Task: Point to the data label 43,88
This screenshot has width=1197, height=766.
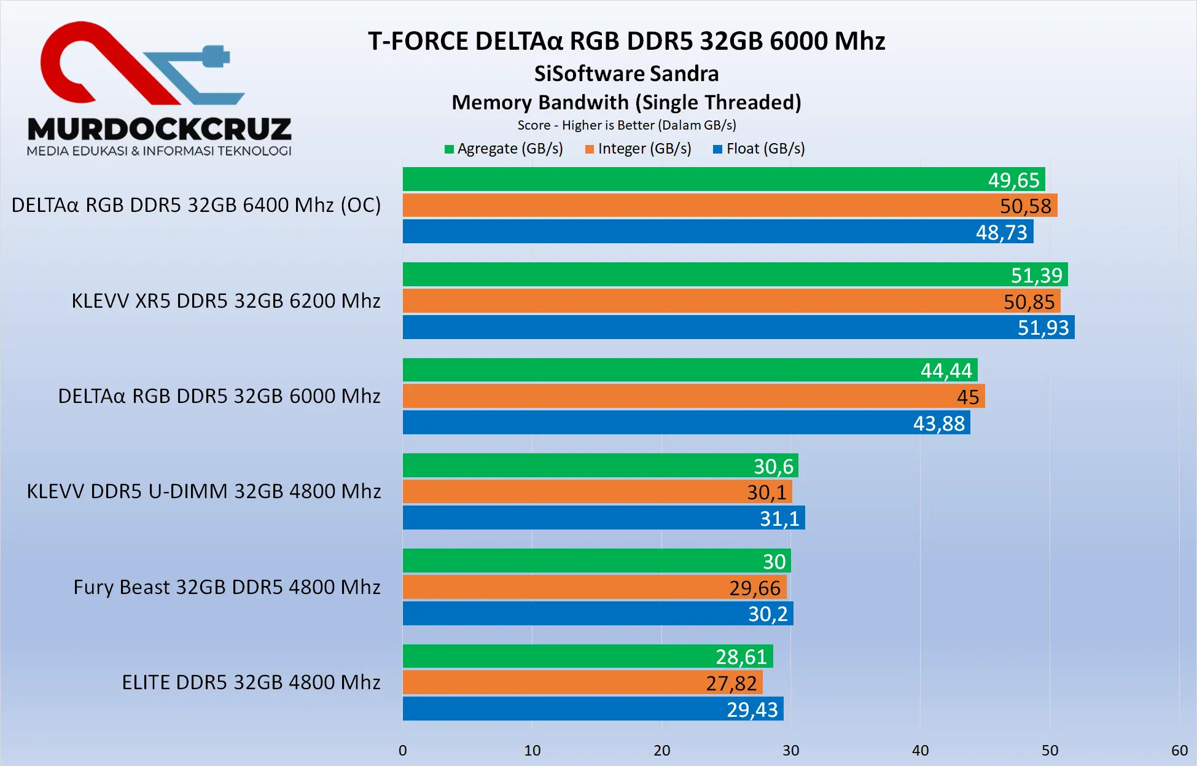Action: (939, 423)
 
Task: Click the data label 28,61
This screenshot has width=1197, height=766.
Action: (741, 657)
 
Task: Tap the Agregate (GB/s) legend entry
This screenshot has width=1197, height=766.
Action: (504, 149)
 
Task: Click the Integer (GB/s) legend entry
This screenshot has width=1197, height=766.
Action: (639, 149)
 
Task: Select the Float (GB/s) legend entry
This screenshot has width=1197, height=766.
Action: (759, 149)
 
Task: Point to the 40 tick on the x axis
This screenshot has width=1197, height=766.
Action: (920, 750)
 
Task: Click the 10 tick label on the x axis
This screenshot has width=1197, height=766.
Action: (532, 750)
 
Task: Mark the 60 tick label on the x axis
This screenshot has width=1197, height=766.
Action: (1179, 750)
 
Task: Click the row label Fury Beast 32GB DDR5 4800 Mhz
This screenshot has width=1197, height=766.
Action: (227, 587)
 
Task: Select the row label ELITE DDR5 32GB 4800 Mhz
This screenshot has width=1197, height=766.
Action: (251, 682)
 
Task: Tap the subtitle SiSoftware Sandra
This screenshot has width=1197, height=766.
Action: (626, 74)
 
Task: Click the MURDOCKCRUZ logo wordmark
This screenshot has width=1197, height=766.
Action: (160, 129)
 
